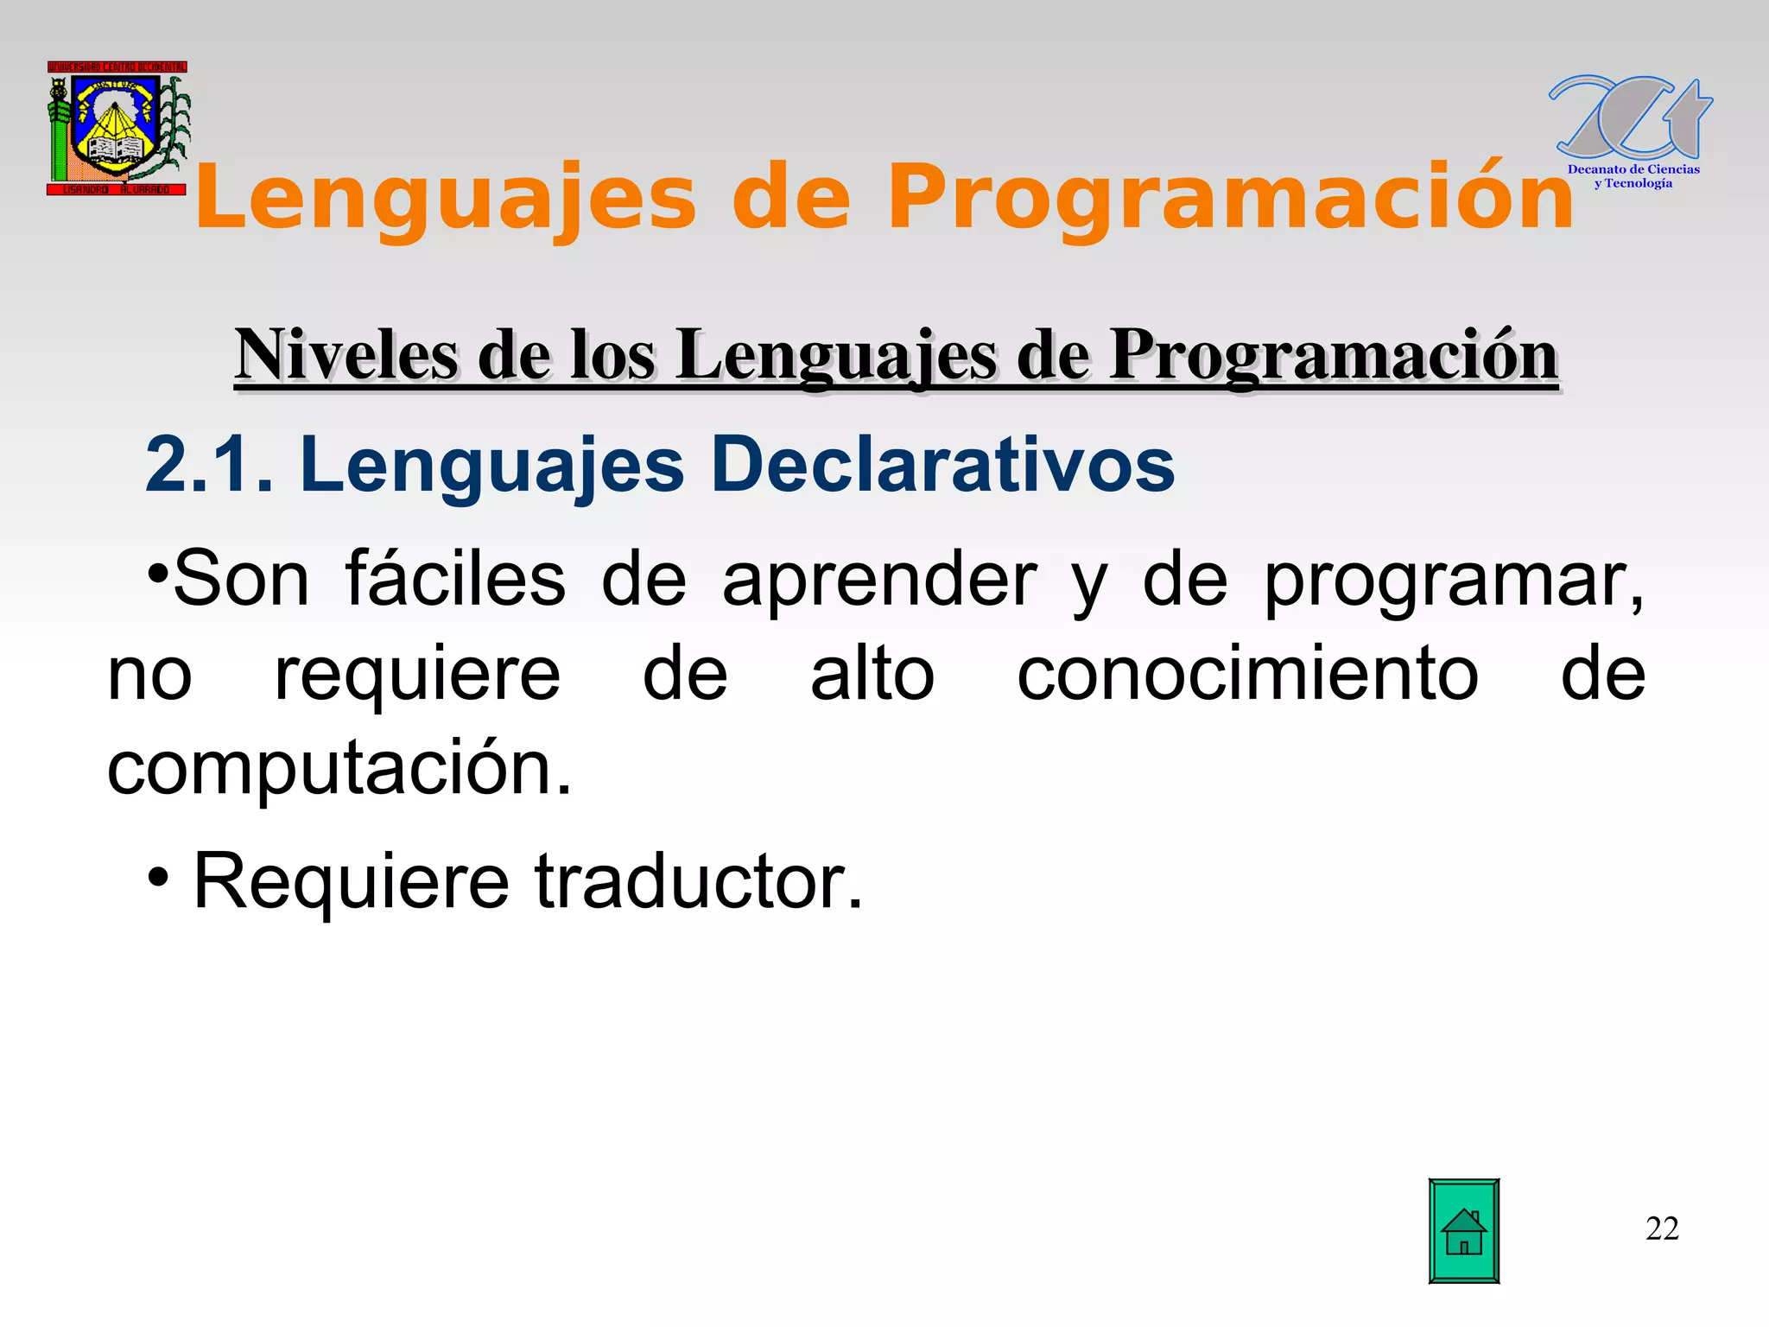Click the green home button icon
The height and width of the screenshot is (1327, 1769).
point(1463,1230)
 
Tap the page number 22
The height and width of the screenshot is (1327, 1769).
point(1662,1229)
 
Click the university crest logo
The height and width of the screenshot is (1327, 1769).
point(117,128)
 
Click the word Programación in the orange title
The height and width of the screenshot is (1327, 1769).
point(1231,199)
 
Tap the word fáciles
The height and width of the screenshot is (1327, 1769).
point(455,580)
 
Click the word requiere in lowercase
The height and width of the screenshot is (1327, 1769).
point(417,676)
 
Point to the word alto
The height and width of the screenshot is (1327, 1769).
point(872,674)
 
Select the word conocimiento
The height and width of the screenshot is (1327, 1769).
point(1247,674)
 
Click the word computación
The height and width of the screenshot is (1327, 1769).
point(339,769)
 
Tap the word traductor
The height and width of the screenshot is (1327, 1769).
point(699,881)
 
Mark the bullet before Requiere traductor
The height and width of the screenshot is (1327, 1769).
point(158,879)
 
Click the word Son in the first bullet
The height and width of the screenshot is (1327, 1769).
point(241,580)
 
